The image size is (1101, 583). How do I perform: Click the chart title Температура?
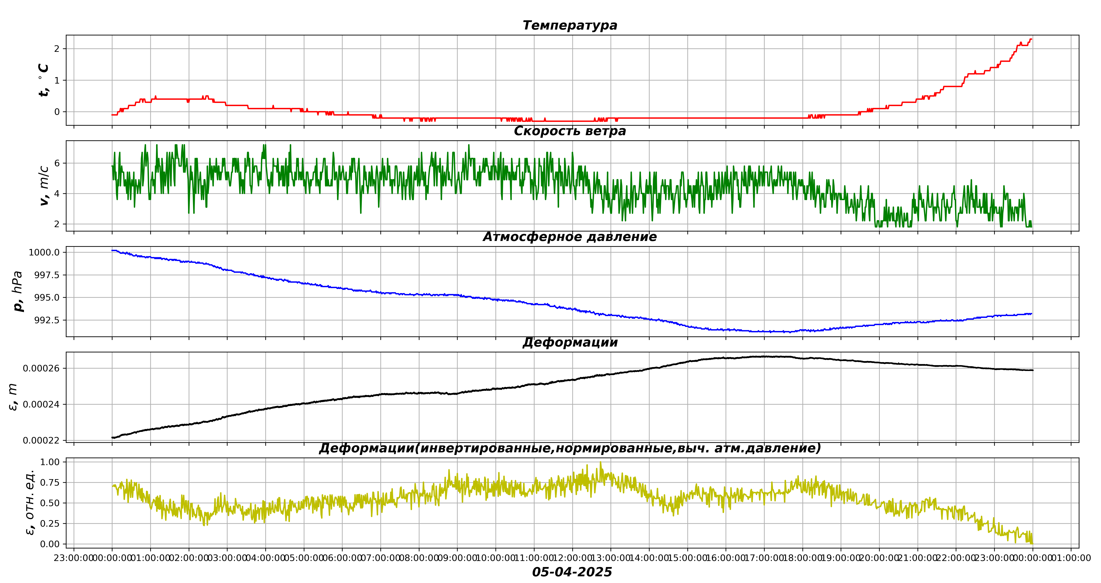point(570,25)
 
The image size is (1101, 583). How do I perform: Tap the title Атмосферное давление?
point(570,237)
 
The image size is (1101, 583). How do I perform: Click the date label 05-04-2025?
point(572,572)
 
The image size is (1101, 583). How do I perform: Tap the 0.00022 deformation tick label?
point(41,440)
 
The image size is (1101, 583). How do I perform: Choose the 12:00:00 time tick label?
point(572,558)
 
